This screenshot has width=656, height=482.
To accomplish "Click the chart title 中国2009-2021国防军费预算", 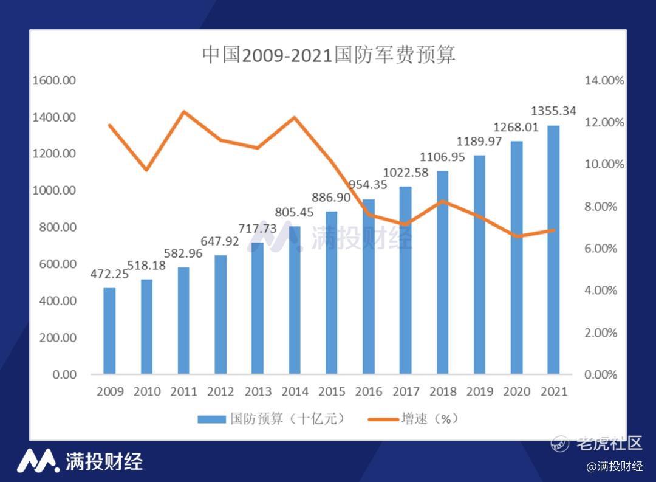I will tap(329, 55).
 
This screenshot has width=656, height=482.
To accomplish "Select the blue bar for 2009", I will tap(109, 331).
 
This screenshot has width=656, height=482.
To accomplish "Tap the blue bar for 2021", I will tap(553, 249).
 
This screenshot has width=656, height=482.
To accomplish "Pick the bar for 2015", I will tap(331, 292).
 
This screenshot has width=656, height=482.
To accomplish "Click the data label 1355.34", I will tap(553, 111).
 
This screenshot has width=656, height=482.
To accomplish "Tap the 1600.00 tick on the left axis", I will tap(55, 80).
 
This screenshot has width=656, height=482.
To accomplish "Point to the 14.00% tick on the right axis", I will tap(604, 80).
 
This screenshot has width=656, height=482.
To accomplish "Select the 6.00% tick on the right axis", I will tap(601, 249).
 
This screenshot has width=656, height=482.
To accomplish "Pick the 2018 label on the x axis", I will tap(442, 391).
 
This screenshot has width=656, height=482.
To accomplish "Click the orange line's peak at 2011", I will tap(183, 112).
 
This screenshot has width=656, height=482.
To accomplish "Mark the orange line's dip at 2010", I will tap(146, 169).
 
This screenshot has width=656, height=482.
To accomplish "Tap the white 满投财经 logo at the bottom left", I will tap(80, 461).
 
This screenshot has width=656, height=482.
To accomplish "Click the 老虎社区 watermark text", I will tap(608, 443).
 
